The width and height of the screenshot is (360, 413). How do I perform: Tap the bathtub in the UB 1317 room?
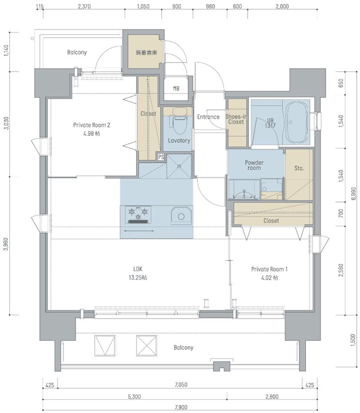coord(297,122)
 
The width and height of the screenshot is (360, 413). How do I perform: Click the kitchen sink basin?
coord(181,216)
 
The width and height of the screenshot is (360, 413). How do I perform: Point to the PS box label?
coord(161,157)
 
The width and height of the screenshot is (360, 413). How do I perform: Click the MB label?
coord(176,89)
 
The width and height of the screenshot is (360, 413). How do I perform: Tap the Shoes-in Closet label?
coord(236,119)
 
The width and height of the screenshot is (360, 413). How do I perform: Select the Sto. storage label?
coord(299,168)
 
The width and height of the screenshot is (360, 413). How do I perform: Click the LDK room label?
coord(138,269)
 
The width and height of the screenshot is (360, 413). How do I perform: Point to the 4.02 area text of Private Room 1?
coord(269,278)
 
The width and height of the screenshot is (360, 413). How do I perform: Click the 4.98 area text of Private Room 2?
coord(92,134)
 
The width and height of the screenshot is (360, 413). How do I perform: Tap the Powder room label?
coord(254,165)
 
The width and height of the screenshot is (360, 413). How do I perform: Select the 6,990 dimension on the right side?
coord(353,193)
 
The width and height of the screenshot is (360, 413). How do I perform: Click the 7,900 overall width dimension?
coord(181,407)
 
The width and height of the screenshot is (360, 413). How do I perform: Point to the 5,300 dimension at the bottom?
coord(134,396)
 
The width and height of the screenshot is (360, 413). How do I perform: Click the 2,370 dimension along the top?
coord(84,6)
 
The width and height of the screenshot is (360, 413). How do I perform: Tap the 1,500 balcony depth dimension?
coord(353,340)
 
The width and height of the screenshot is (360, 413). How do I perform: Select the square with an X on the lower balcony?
coord(146,346)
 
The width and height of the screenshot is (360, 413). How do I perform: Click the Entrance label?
coord(208,117)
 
